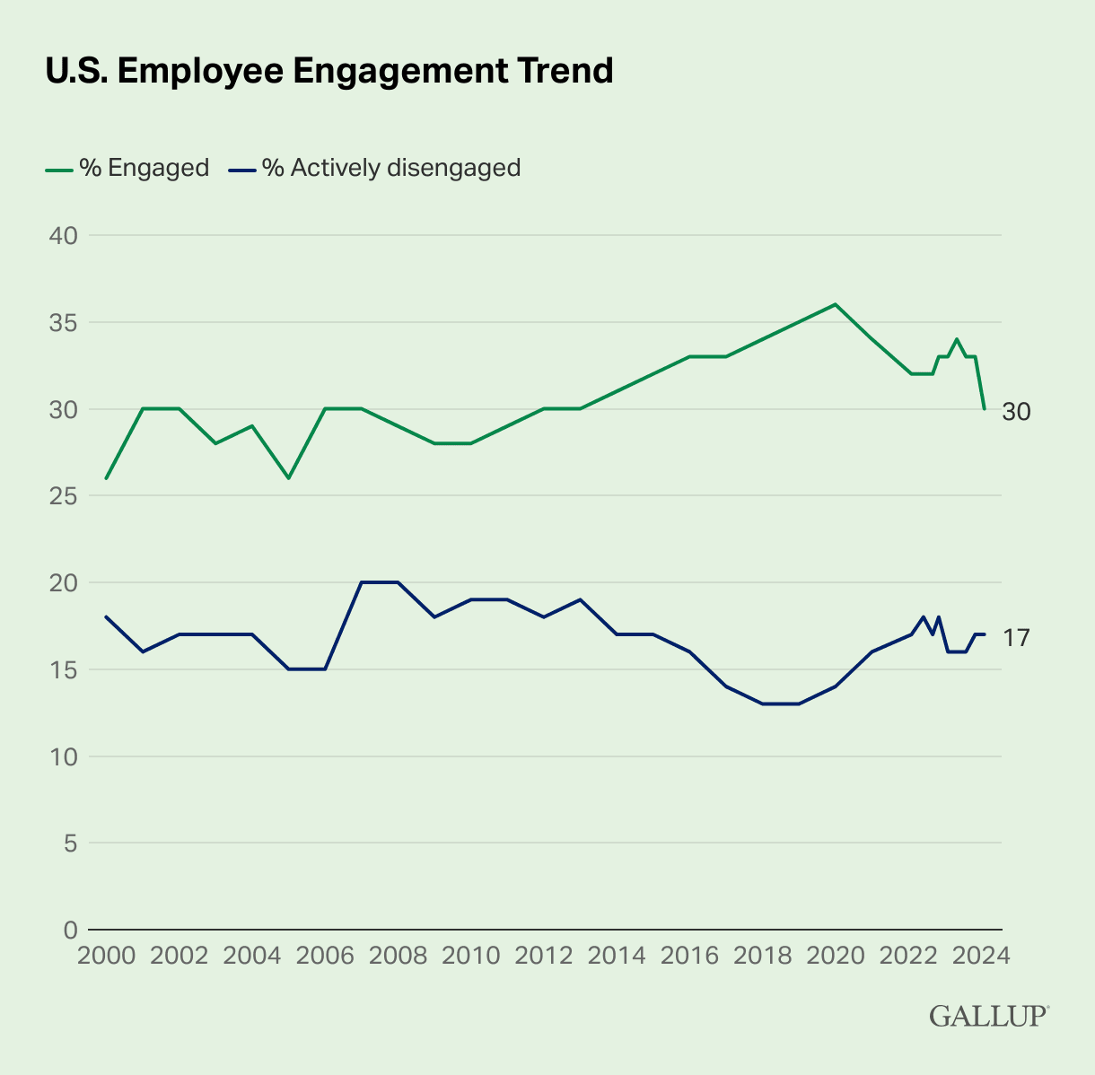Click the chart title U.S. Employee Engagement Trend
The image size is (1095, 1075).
[x=329, y=71]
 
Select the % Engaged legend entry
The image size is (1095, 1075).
[x=127, y=168]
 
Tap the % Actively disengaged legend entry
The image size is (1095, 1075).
[x=374, y=168]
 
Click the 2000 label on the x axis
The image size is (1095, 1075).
[x=106, y=955]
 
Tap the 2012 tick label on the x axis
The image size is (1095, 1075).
[x=544, y=955]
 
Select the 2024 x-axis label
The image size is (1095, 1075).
[x=982, y=955]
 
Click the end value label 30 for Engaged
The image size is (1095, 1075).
[x=1016, y=412]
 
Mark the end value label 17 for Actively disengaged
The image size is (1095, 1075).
[x=1015, y=638]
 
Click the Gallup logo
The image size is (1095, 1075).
[x=988, y=1016]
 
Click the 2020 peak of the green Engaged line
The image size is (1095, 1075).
[x=836, y=304]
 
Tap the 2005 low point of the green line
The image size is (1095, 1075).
[x=289, y=478]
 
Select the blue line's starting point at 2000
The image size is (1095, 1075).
[x=106, y=616]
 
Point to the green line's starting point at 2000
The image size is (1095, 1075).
[x=106, y=478]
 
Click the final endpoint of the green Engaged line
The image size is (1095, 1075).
[x=985, y=409]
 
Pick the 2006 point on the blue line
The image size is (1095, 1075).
[x=325, y=669]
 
